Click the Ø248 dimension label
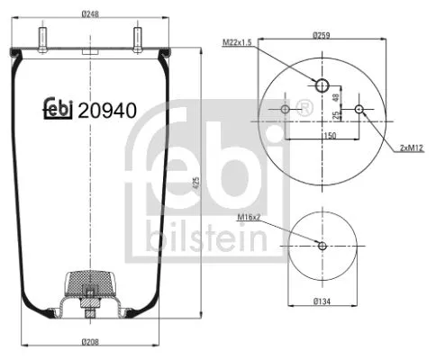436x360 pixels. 90,13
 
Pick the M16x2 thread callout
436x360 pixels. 249,217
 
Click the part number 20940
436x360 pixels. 107,111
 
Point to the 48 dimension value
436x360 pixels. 336,96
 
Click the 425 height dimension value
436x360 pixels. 196,184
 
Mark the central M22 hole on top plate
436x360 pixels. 322,85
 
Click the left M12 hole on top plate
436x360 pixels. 286,110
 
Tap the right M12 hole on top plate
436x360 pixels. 360,110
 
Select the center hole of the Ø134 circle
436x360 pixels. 322,245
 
